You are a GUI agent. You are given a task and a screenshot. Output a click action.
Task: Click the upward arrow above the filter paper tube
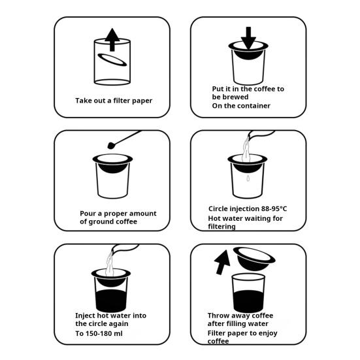[x=112, y=39]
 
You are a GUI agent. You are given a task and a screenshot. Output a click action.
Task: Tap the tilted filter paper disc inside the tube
[x=112, y=59]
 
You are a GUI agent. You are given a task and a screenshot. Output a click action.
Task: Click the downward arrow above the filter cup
[x=248, y=38]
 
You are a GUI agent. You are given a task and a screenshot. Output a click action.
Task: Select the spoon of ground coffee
[x=124, y=140]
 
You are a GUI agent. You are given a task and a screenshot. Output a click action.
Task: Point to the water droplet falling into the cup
[x=248, y=178]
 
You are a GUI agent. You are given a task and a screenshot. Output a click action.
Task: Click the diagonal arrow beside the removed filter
[x=222, y=262]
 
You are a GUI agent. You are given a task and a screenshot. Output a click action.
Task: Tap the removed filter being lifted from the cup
[x=254, y=259]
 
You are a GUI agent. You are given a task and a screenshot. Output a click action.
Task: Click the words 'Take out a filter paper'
[x=114, y=101]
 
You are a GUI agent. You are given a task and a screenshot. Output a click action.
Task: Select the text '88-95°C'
[x=274, y=208]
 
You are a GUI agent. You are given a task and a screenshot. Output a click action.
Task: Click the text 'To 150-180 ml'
[x=99, y=333]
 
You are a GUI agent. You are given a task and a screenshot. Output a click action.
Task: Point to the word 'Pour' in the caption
[x=88, y=214]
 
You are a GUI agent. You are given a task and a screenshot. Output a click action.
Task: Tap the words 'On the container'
[x=241, y=106]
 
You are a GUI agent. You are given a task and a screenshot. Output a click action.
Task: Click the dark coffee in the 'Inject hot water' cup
[x=111, y=301]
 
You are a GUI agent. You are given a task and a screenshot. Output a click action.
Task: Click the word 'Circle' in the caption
[x=218, y=208]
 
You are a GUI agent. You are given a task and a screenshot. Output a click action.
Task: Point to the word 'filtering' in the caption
[x=221, y=227]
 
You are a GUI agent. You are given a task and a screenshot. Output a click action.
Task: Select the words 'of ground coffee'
[x=108, y=221]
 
